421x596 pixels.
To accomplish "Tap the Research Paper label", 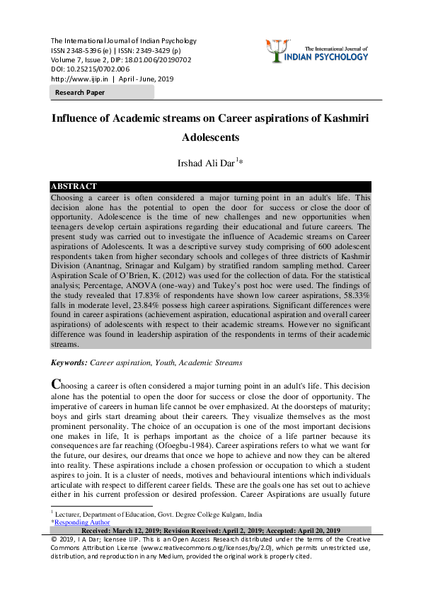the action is pyautogui.click(x=79, y=93).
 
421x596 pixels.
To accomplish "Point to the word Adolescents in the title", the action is pyautogui.click(x=210, y=137).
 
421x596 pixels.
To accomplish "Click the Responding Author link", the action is pyautogui.click(x=82, y=522).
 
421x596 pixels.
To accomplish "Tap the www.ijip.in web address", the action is pyautogui.click(x=78, y=79).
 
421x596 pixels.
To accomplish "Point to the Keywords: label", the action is pyautogui.click(x=69, y=362).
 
